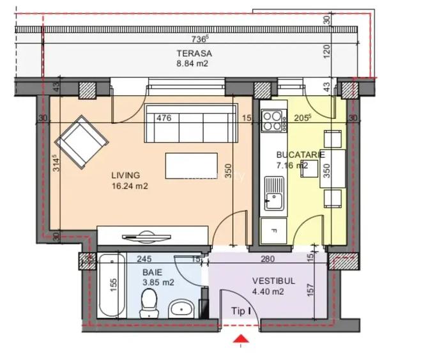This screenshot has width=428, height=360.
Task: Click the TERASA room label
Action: coord(194,54)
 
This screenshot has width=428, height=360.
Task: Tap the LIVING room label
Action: coord(125,175)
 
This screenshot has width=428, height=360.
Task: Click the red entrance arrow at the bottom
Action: coord(240,339)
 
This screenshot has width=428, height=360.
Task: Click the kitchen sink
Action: coord(275,194)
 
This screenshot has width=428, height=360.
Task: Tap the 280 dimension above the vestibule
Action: coord(268,260)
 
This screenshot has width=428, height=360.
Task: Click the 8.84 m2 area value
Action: coord(193,64)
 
